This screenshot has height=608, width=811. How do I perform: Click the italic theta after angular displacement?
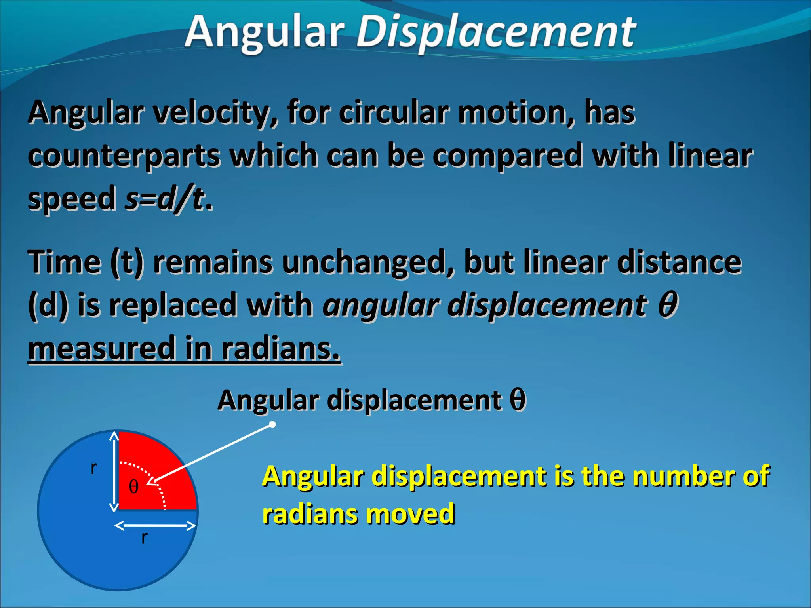tap(668, 305)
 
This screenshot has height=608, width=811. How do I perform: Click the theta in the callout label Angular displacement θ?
tap(517, 400)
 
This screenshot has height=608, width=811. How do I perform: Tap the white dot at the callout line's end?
tap(272, 424)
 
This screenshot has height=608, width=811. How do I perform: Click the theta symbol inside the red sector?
tap(134, 486)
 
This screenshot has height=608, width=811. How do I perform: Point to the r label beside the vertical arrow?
tap(94, 468)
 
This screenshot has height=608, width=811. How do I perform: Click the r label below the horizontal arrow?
tap(145, 538)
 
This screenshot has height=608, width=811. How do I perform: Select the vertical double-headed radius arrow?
tap(114, 471)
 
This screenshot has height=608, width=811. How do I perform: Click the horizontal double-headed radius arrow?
tap(155, 526)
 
